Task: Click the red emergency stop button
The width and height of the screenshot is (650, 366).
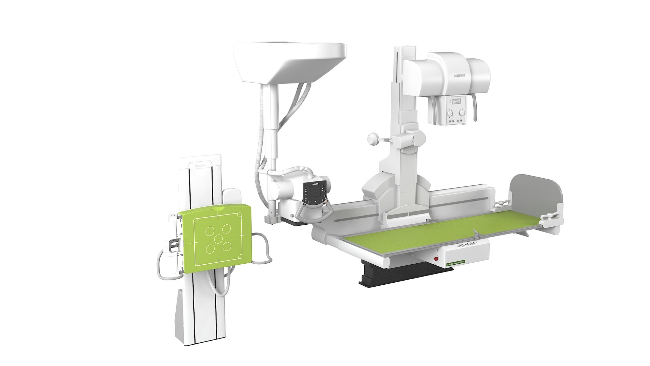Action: tap(436, 259)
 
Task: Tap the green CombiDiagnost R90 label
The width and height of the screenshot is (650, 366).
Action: tap(456, 263)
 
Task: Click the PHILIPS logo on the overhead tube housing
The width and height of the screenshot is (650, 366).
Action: tap(459, 76)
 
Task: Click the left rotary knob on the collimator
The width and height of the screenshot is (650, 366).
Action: tap(449, 113)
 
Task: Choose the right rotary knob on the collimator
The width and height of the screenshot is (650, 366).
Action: tap(461, 113)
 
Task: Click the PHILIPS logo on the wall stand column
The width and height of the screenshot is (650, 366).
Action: tap(200, 166)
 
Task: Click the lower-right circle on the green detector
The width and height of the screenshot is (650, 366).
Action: tap(227, 246)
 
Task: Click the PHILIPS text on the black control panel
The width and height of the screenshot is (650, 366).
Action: tap(315, 184)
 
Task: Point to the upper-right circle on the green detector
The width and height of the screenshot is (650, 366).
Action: tap(226, 229)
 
